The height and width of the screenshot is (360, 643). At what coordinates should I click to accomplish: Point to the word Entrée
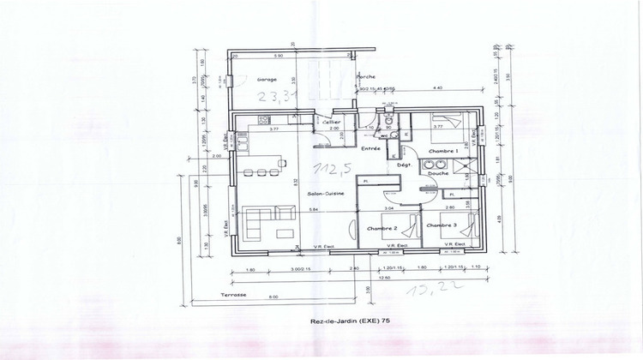370,148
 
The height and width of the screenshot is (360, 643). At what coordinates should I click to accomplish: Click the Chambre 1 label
444,150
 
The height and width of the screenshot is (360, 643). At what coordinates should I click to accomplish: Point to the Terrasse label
233,294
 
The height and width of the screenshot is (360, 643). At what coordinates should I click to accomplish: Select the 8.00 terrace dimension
273,297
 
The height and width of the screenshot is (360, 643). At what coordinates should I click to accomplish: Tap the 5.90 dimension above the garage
277,57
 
